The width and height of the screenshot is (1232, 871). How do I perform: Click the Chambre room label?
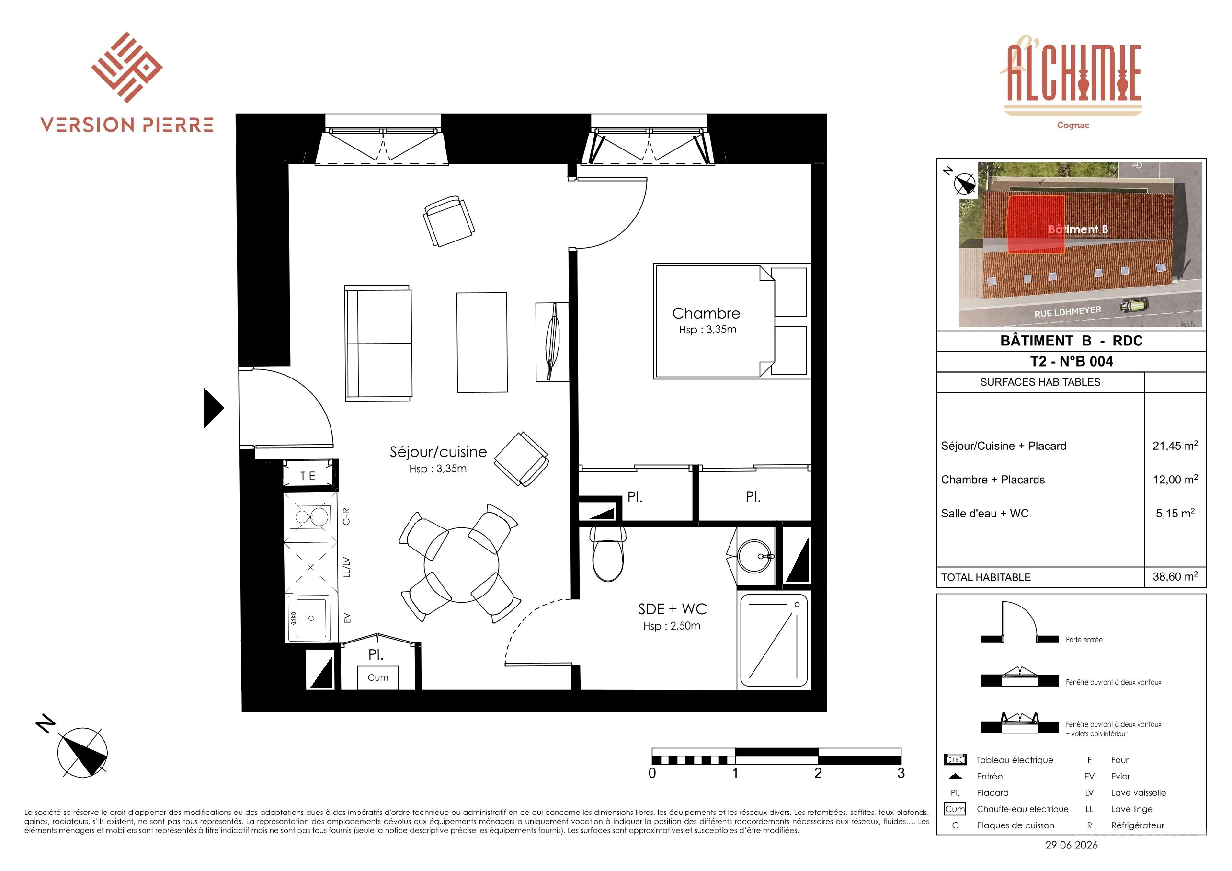click(706, 313)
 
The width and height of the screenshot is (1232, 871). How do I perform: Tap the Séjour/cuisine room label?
click(438, 452)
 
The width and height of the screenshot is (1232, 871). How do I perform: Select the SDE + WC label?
click(673, 609)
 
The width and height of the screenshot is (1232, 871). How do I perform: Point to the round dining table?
click(461, 564)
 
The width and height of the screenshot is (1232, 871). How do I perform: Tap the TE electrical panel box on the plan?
click(308, 475)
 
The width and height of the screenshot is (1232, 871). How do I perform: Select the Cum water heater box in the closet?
click(378, 677)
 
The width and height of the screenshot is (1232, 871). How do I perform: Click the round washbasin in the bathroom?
click(755, 556)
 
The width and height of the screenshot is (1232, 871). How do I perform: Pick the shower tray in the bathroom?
click(773, 640)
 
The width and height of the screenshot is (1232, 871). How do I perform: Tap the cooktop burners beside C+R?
click(309, 517)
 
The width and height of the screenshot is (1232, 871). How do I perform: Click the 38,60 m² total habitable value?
click(1175, 576)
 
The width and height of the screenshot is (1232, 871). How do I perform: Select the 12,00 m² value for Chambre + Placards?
click(1175, 479)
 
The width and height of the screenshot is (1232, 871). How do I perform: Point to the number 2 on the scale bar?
click(818, 773)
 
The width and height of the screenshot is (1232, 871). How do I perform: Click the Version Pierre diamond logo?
click(127, 67)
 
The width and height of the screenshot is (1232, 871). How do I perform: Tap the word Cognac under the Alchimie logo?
click(1072, 125)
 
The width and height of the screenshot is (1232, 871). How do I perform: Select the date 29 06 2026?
click(1072, 845)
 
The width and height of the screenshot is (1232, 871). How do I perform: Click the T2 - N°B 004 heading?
click(1072, 361)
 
